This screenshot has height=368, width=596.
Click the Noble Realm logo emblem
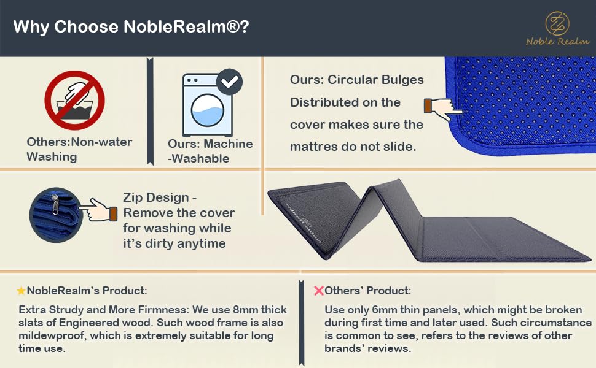click(x=557, y=23)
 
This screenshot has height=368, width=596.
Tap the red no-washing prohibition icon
click(x=74, y=100)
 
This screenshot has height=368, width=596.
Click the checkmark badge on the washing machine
click(x=230, y=82)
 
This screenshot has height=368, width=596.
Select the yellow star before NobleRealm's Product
click(x=21, y=291)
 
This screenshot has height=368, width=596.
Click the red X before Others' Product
click(x=318, y=291)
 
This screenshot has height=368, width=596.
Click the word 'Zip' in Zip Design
click(x=133, y=197)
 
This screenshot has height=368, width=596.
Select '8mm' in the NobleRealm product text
click(x=242, y=310)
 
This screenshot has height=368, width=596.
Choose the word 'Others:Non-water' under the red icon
click(x=79, y=142)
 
